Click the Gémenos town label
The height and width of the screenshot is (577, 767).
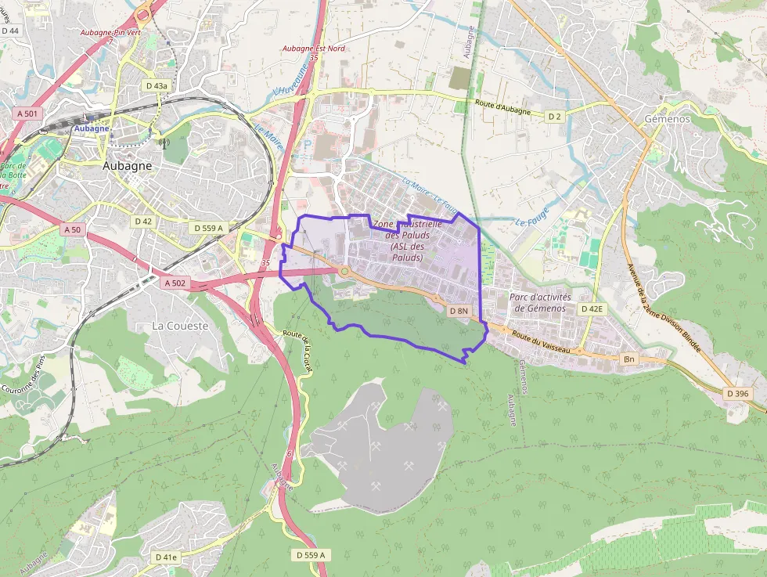pos(667,118)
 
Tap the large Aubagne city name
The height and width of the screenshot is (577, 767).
pos(128,166)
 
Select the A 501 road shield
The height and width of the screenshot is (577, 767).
pos(27,114)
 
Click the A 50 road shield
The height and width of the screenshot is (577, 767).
pos(72,229)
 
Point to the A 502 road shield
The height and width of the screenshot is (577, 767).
pos(176,283)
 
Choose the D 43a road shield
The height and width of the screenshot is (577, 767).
pos(157,85)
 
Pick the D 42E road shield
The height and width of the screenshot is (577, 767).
pos(592,309)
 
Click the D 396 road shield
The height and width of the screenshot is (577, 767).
pos(736,393)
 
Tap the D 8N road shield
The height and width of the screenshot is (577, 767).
pos(459,311)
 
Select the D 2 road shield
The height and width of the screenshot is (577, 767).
pos(554,116)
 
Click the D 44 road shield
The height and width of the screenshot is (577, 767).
pos(10,31)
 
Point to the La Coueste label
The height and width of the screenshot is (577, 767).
pos(180,326)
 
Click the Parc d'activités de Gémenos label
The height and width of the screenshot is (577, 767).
pos(540,302)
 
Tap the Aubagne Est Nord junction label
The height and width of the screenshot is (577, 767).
pos(314,49)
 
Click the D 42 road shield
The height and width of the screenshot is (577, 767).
pos(143,222)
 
